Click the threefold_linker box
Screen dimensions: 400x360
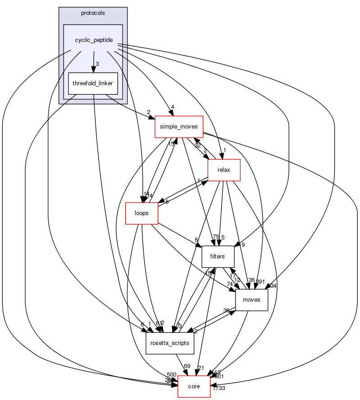pos(93,83)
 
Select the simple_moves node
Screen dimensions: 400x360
pos(179,127)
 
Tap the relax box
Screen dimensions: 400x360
pos(223,170)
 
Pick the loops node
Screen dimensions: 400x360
pos(141,213)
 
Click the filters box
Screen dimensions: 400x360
pos(218,257)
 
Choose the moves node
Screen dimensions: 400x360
pos(251,300)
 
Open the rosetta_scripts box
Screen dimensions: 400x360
pos(170,343)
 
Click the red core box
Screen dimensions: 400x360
pos(194,386)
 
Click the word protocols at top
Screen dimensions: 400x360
pos(93,13)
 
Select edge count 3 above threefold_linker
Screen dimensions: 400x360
pos(97,64)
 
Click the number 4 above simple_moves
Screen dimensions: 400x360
pos(171,107)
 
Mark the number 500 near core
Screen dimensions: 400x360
pos(172,374)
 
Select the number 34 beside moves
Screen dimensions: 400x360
pos(273,285)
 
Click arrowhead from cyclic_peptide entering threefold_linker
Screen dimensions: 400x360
pos(93,69)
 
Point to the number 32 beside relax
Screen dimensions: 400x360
pos(197,145)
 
